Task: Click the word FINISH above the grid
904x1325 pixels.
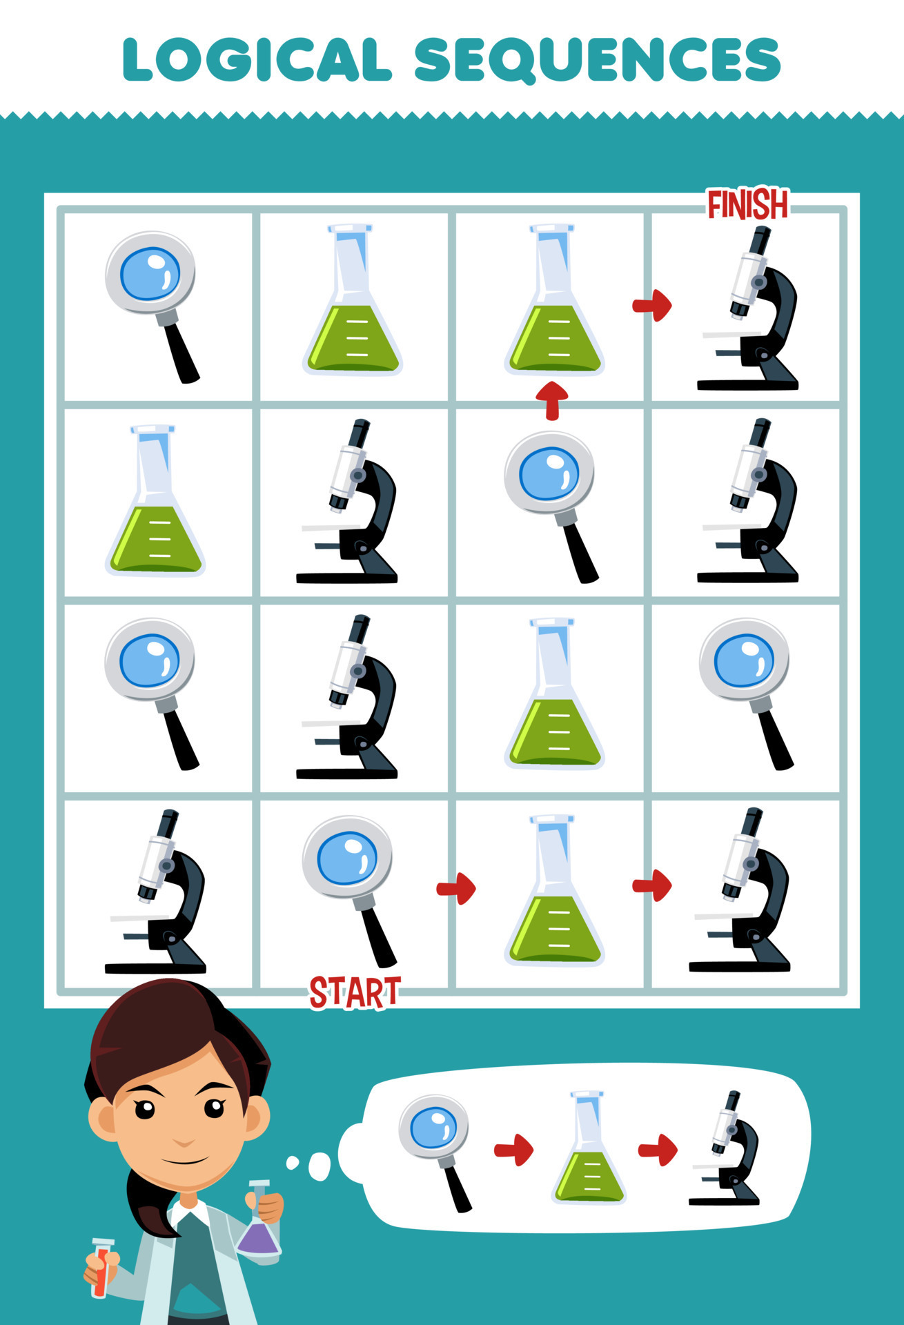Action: [x=748, y=205]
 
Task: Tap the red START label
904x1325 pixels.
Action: [x=355, y=993]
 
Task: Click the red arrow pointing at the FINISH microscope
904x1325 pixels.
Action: [x=652, y=305]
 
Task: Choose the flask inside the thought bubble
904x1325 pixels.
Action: [x=589, y=1148]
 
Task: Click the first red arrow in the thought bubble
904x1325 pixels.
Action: [x=514, y=1150]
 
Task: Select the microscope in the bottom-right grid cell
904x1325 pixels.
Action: [x=742, y=890]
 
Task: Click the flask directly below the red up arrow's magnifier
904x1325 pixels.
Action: [x=555, y=694]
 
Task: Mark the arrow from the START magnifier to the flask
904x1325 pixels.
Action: [x=456, y=888]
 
